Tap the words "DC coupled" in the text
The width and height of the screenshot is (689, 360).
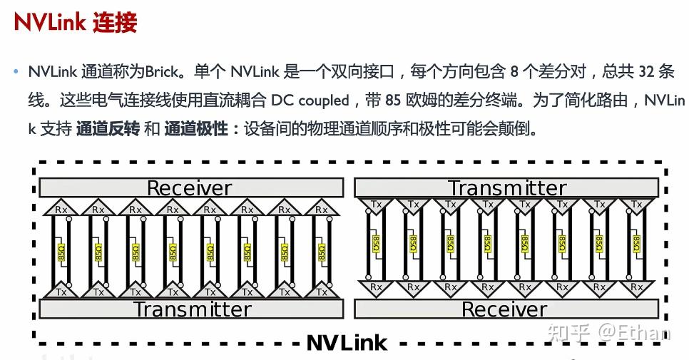[x=309, y=101]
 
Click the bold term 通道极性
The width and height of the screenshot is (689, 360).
[x=195, y=129]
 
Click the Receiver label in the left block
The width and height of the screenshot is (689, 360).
[x=189, y=188]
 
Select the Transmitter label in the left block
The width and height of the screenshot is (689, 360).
[x=192, y=309]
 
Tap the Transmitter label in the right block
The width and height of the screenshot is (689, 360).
[x=506, y=188]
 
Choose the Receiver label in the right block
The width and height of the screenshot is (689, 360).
[x=504, y=309]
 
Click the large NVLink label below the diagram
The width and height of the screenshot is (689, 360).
[x=347, y=342]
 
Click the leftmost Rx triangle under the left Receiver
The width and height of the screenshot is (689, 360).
[x=61, y=209]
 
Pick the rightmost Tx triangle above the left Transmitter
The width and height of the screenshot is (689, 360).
[x=322, y=291]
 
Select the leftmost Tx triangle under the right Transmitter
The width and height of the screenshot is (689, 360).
[x=376, y=205]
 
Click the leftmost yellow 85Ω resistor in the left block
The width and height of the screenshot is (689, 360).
[x=61, y=251]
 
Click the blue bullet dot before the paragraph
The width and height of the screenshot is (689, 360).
[x=16, y=72]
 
